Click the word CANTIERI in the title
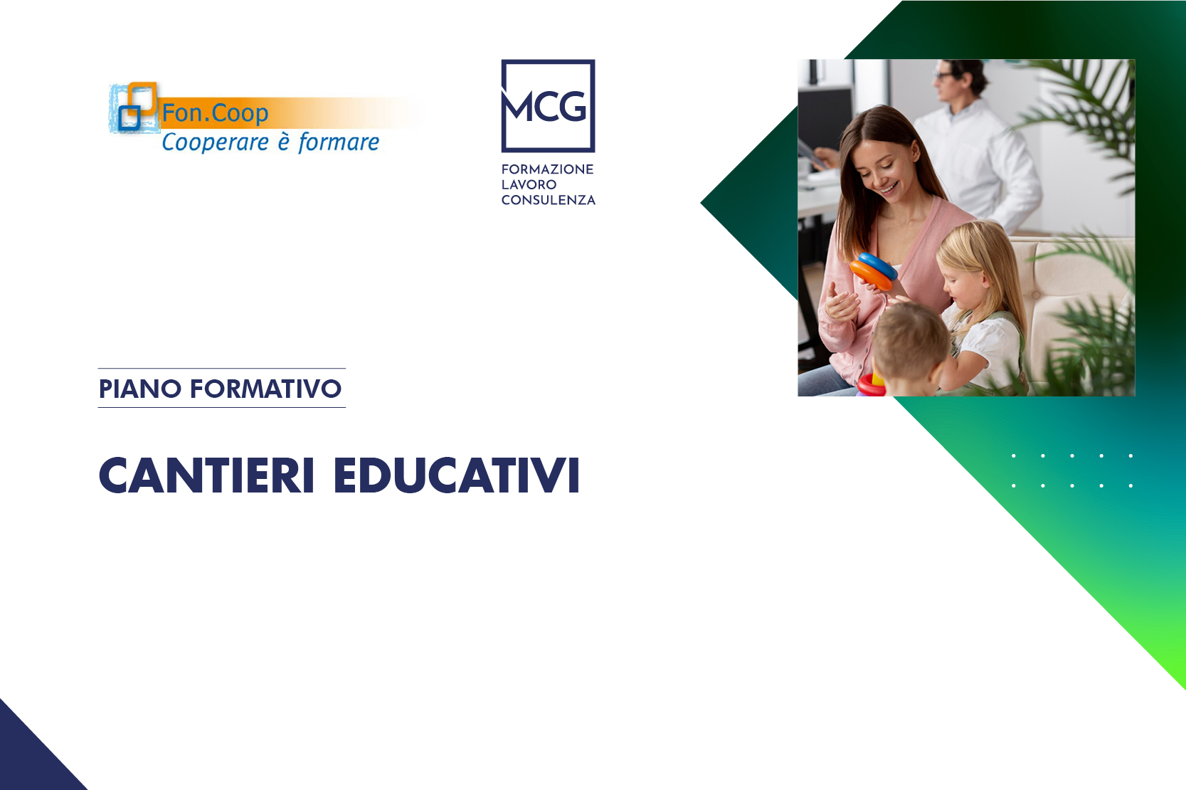206,475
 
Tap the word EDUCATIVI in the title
457,475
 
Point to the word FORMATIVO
265,389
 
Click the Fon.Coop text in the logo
215,113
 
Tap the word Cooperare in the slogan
215,142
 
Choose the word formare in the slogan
339,142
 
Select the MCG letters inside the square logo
547,107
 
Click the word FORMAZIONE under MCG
547,169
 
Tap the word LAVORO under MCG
529,185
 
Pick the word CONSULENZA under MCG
548,201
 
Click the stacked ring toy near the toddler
871,384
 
